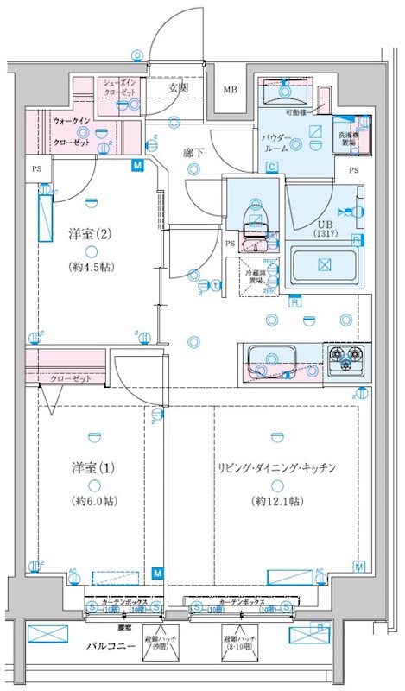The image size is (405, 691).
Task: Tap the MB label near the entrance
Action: (x=230, y=90)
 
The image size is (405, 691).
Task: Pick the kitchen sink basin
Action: (x=270, y=358)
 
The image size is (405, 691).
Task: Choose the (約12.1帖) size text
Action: (x=278, y=500)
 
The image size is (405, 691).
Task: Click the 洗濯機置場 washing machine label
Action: (x=353, y=138)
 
